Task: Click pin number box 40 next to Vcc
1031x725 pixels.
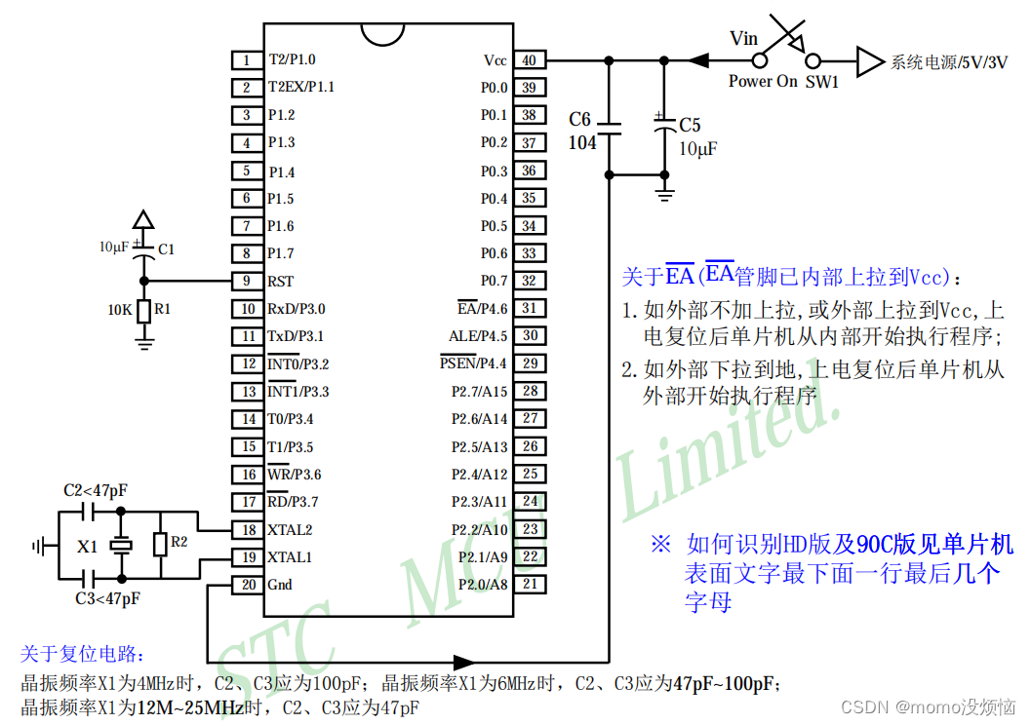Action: click(x=529, y=59)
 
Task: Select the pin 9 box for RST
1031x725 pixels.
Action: click(x=247, y=281)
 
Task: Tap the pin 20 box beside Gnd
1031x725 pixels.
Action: click(x=247, y=585)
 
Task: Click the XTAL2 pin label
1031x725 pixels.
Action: click(x=290, y=530)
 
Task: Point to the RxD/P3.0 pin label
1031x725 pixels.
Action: click(x=297, y=309)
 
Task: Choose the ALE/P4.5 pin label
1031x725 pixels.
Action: click(x=477, y=336)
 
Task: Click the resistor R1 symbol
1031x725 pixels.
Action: click(x=144, y=310)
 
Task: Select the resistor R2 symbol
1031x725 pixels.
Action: click(x=159, y=544)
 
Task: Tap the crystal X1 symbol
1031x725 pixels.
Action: click(x=120, y=546)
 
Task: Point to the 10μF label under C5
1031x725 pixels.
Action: click(x=697, y=149)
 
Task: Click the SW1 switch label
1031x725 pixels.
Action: click(x=821, y=82)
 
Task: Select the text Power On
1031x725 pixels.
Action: click(x=763, y=82)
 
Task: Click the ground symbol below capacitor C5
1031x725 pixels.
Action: click(x=665, y=195)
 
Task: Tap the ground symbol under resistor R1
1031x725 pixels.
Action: click(x=144, y=341)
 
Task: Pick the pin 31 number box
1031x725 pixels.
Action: click(x=529, y=308)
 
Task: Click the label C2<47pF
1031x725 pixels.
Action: click(x=95, y=490)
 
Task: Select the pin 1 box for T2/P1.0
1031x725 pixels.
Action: click(x=247, y=59)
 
